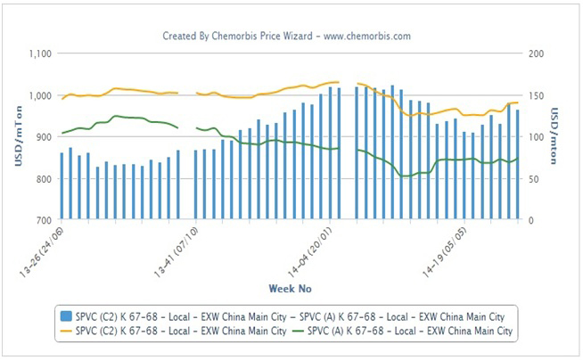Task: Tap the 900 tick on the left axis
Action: pyautogui.click(x=43, y=137)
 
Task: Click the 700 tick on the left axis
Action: pyautogui.click(x=43, y=220)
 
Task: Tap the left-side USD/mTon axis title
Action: pyautogui.click(x=15, y=136)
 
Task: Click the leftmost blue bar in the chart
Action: pyautogui.click(x=62, y=186)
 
